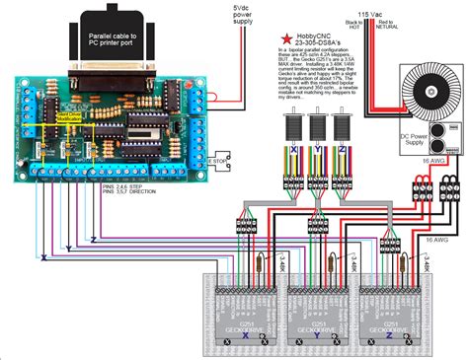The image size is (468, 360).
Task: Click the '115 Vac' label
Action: click(399, 13)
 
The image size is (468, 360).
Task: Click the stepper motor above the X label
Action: click(291, 129)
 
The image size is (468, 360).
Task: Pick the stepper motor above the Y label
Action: click(317, 129)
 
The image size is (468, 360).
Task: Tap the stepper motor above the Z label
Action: click(343, 129)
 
